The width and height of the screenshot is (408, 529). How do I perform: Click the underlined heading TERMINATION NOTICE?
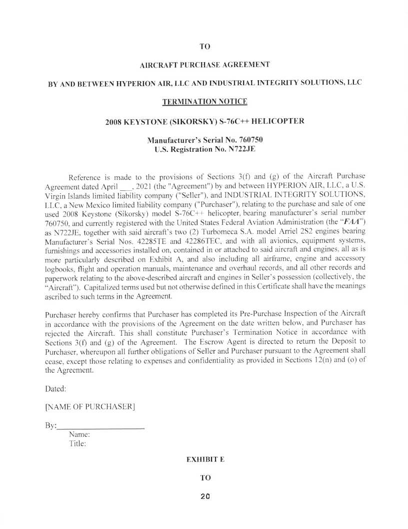204,102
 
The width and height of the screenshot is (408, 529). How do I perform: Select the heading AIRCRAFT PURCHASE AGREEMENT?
204,64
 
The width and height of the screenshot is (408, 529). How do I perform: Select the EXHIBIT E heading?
204,459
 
